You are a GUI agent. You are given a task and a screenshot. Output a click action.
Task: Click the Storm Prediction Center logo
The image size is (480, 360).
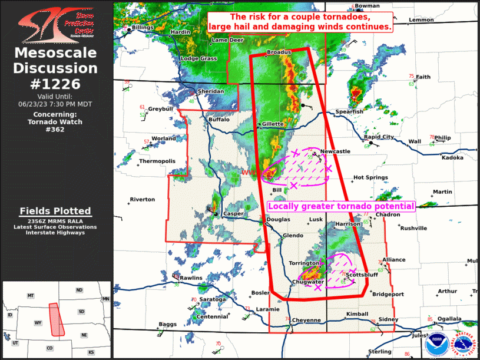[56, 24]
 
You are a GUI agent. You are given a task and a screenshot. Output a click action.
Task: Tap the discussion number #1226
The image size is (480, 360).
[56, 84]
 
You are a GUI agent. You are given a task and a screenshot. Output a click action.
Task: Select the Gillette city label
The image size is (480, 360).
[273, 124]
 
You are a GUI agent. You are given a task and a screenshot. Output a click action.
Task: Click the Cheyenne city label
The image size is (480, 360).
[307, 321]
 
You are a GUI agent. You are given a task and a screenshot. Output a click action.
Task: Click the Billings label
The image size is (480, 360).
[143, 28]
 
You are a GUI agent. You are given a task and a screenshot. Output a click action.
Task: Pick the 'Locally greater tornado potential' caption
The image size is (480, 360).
[341, 206]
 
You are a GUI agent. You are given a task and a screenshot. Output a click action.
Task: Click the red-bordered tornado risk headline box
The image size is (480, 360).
[300, 22]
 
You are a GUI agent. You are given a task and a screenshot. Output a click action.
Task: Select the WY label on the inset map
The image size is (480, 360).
[38, 323]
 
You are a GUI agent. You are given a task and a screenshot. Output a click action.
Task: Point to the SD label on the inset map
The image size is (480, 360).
[81, 312]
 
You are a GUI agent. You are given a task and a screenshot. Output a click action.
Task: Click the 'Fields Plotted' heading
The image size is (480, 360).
[55, 211]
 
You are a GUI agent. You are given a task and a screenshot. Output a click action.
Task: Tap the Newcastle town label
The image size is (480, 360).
[335, 151]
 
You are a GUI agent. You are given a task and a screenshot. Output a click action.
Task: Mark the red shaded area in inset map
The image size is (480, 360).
[56, 319]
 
